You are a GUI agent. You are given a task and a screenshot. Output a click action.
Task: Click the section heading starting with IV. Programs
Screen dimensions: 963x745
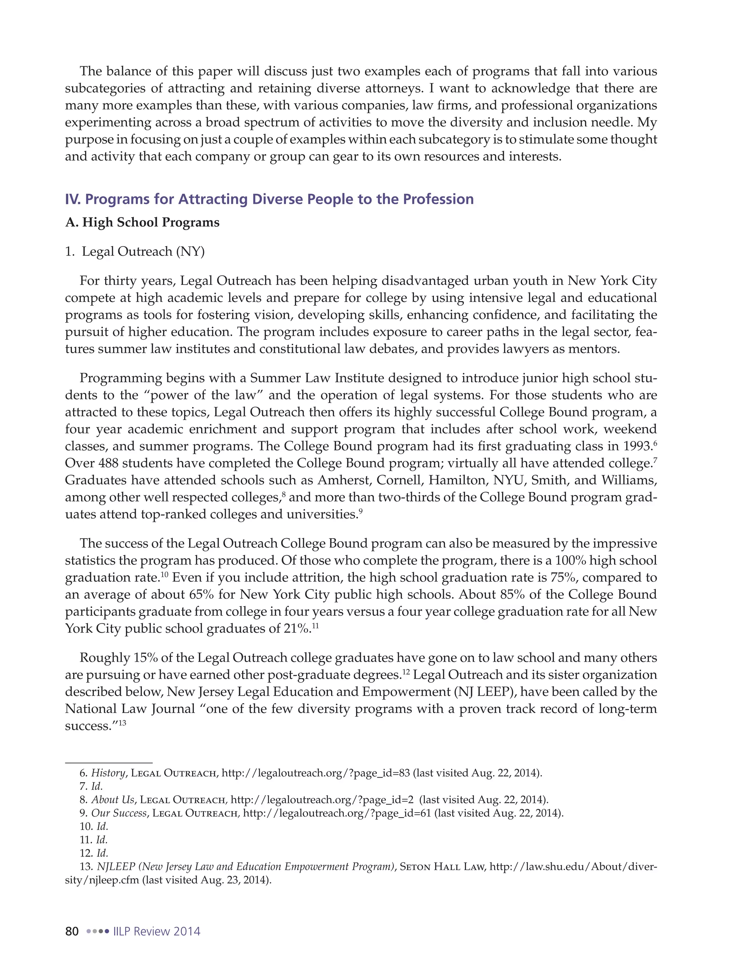point(269,199)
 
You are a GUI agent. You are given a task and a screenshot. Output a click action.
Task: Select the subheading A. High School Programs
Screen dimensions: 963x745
point(142,222)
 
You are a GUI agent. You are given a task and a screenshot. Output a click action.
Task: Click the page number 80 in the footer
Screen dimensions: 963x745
point(72,931)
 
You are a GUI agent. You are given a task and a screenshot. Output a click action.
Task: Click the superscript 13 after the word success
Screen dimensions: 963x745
point(122,723)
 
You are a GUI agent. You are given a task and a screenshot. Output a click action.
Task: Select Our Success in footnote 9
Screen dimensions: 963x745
point(119,813)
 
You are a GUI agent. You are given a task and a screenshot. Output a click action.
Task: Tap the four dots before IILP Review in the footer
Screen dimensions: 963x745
point(97,931)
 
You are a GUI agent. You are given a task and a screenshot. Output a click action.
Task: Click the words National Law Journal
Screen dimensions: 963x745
point(130,709)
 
